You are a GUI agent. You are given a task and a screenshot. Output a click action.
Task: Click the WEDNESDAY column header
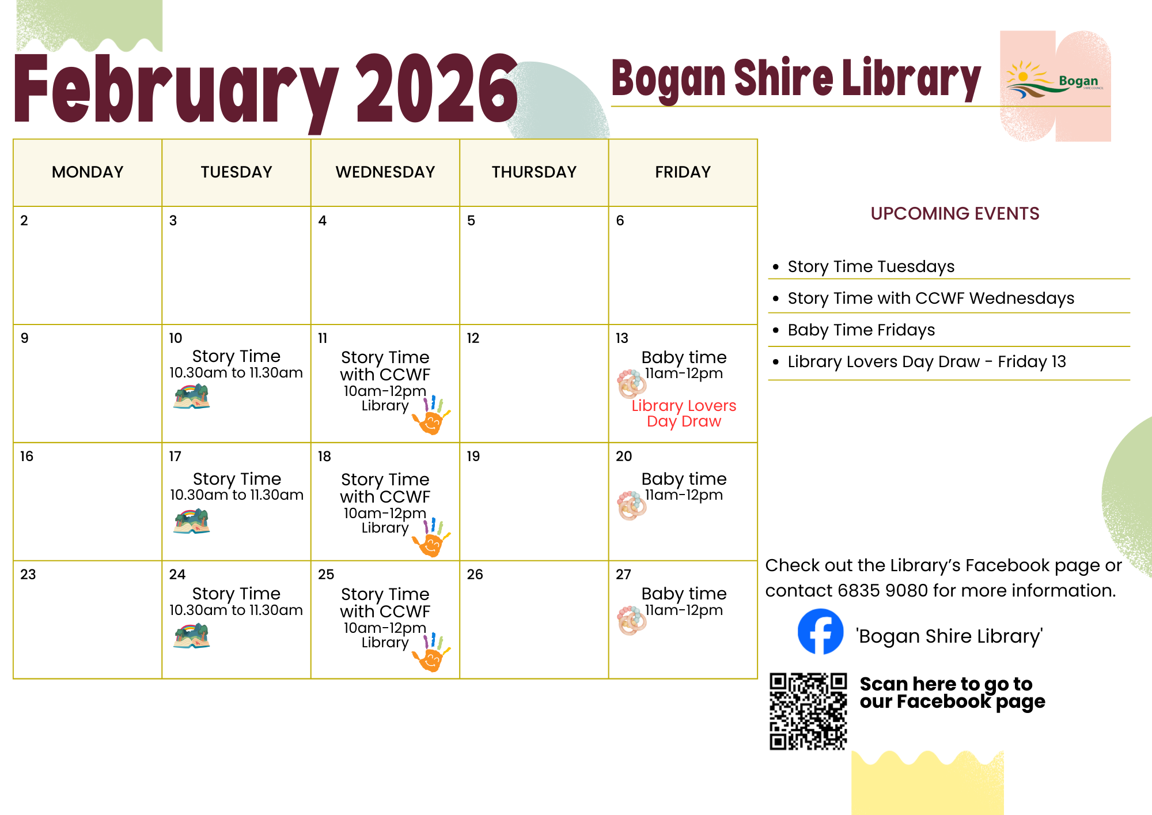coord(385,172)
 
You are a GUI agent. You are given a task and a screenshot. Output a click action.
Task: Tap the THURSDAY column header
coord(534,172)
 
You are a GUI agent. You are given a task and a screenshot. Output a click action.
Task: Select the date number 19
coord(473,456)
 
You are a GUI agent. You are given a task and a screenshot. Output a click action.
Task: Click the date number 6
coord(620,221)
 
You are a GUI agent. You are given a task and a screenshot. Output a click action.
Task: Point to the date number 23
coord(28,575)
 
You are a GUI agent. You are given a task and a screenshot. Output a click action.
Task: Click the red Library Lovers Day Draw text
coord(684,413)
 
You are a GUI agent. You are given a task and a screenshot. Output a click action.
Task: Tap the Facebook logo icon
coord(820,632)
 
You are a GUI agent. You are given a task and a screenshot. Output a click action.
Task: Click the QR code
coord(808,711)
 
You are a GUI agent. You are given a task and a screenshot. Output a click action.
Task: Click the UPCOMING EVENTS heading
coord(954,214)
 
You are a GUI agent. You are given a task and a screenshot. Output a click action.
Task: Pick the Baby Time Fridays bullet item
coord(861,330)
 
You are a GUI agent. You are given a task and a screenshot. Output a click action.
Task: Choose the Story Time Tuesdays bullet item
coord(871,266)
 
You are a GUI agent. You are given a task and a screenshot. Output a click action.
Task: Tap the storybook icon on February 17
coord(192,521)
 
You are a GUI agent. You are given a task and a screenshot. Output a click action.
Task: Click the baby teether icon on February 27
coord(632,620)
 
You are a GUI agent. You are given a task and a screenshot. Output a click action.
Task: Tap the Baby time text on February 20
coord(684,479)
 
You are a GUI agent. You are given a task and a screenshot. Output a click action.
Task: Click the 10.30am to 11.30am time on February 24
coord(236,610)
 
